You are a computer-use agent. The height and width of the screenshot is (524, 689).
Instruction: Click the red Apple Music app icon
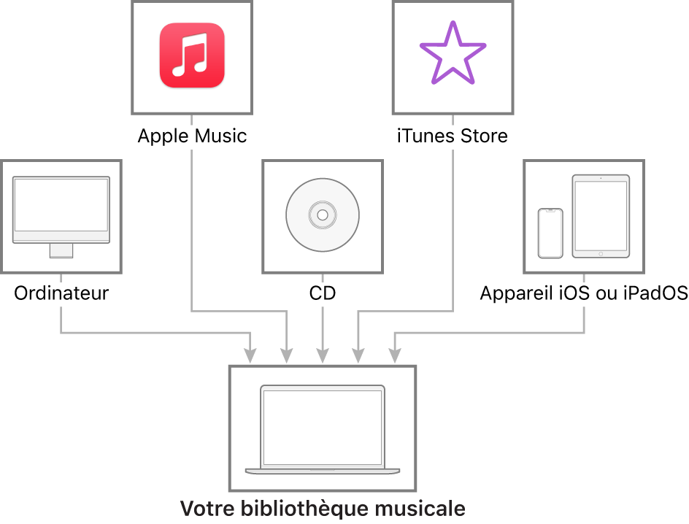pyautogui.click(x=192, y=55)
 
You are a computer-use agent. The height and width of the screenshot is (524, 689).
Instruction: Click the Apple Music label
pyautogui.click(x=192, y=136)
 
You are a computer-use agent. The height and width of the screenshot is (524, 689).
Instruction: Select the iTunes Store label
pyautogui.click(x=453, y=136)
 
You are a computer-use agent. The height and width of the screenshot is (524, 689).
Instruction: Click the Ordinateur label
pyautogui.click(x=61, y=293)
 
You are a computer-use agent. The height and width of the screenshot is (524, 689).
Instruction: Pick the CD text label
pyautogui.click(x=323, y=293)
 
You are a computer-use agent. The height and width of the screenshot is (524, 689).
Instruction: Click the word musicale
pyautogui.click(x=420, y=509)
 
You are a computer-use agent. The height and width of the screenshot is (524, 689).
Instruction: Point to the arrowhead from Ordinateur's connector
pyautogui.click(x=250, y=355)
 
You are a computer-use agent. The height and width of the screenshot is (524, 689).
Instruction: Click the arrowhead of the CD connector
pyautogui.click(x=323, y=355)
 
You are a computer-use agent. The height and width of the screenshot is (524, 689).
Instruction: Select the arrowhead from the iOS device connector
pyautogui.click(x=395, y=355)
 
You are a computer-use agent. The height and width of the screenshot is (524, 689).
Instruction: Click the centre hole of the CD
pyautogui.click(x=323, y=215)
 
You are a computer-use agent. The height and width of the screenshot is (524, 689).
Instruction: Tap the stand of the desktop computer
pyautogui.click(x=61, y=250)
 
